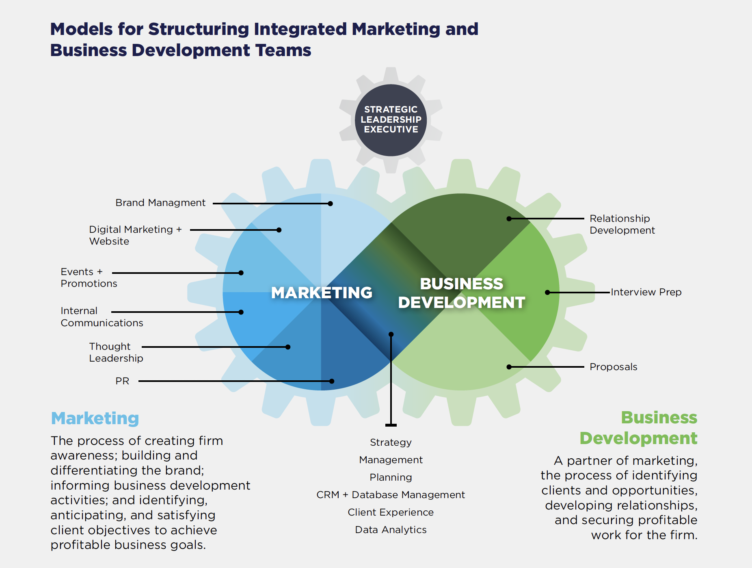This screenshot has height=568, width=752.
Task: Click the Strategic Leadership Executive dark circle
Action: click(391, 120)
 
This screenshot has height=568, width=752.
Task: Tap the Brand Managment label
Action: click(160, 203)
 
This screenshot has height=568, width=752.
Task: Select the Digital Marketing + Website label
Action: click(135, 235)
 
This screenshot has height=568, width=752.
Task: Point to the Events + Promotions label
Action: click(89, 277)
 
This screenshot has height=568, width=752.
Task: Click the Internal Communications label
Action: click(102, 317)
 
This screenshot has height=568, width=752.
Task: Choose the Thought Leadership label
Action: click(116, 352)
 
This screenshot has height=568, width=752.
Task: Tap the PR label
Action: click(122, 381)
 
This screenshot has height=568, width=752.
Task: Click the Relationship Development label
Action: click(622, 224)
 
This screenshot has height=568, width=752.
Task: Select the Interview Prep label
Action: click(646, 292)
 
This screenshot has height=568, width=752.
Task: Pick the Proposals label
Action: click(613, 367)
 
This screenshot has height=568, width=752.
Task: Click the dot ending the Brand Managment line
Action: click(331, 204)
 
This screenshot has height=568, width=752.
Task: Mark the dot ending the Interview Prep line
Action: click(547, 292)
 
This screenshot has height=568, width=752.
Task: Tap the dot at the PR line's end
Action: click(332, 381)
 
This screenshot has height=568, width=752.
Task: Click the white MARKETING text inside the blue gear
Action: click(322, 293)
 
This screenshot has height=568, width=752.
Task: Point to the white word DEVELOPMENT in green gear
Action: click(461, 303)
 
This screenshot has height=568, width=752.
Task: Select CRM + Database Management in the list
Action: click(391, 495)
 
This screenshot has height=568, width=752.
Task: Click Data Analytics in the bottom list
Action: click(391, 530)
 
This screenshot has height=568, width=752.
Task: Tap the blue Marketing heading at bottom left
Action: click(95, 418)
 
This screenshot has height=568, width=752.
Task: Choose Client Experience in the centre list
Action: click(391, 512)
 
